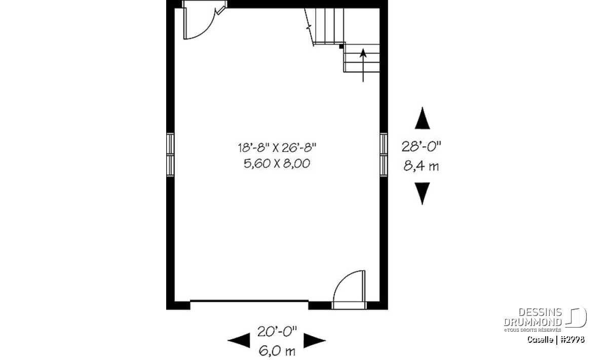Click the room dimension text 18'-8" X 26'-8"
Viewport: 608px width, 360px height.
coord(277,148)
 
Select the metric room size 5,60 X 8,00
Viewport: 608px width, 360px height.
coord(277,164)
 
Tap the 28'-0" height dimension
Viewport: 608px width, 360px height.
coord(421,147)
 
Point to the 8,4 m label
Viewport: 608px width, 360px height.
coord(421,166)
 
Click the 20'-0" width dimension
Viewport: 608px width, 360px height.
coord(277,332)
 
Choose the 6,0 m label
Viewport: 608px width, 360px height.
coord(277,351)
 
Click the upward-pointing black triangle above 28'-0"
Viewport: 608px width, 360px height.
coord(423,118)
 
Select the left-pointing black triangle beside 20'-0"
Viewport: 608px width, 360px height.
coord(239,340)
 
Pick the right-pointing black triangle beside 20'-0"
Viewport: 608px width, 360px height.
coord(315,340)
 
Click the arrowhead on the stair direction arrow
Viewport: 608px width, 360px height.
coord(363,53)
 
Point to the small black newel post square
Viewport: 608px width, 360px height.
coord(341,47)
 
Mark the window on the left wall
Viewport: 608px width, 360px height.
coord(170,154)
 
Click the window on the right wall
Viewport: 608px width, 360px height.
coord(384,154)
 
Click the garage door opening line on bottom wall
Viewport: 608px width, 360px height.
coord(249,301)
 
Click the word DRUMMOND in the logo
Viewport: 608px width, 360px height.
coord(533,322)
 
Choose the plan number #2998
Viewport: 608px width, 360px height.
coord(572,340)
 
